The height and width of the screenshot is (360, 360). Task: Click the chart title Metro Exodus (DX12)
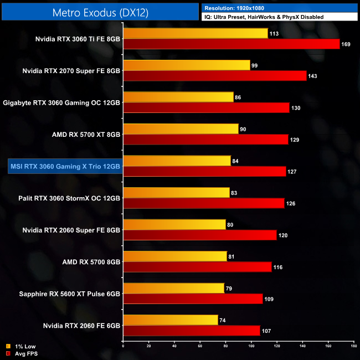coord(101,12)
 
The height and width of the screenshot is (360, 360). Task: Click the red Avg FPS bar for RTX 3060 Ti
coord(231,44)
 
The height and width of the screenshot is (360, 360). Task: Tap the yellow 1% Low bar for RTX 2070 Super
coord(187,65)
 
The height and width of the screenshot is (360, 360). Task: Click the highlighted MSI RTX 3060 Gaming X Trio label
coord(64,166)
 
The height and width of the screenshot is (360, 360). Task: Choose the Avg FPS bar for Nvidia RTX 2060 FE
coord(192,331)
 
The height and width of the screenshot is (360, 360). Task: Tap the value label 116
coord(279,267)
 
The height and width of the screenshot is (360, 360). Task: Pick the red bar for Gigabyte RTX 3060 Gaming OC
coord(206,107)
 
